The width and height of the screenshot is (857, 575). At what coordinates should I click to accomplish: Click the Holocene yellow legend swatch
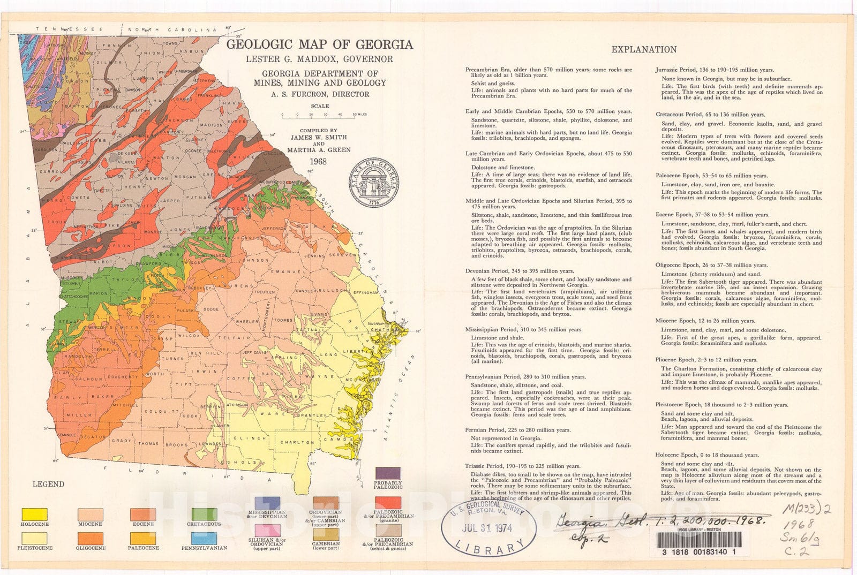tap(34, 514)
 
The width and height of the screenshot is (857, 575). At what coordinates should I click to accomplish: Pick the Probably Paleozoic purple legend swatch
tap(388, 473)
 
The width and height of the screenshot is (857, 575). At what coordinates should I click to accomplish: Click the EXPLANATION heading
tap(644, 49)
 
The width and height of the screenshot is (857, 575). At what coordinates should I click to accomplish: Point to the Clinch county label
tap(247, 438)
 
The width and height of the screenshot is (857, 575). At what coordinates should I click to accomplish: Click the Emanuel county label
tap(283, 273)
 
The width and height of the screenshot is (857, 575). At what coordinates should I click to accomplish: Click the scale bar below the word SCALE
tap(319, 115)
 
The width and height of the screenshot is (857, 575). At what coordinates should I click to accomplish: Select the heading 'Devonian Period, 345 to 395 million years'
tap(520, 271)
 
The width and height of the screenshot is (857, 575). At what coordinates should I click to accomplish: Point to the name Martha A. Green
tap(319, 150)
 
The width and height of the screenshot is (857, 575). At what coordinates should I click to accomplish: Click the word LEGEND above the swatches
tap(49, 484)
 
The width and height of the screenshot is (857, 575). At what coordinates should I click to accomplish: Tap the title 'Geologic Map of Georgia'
tap(319, 44)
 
